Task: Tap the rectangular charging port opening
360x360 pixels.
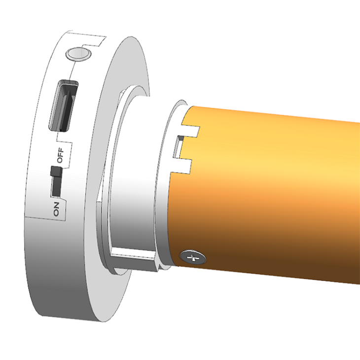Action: tap(63, 106)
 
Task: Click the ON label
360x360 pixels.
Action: tap(56, 209)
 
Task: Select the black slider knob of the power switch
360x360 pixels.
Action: tap(56, 173)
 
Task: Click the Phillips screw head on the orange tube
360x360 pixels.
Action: tap(193, 257)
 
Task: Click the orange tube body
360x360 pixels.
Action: tap(276, 197)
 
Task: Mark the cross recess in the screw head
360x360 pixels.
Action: tap(193, 257)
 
